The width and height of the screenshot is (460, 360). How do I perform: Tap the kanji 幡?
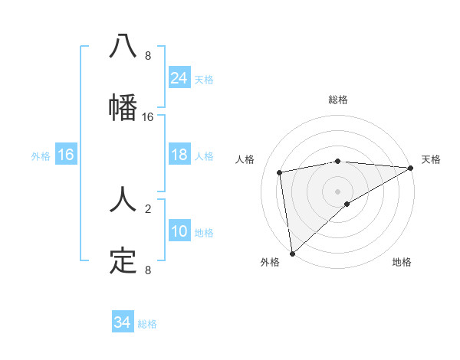[123, 106]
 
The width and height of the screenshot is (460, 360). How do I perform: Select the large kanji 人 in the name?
[123, 201]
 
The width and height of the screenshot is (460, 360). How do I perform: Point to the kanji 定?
[123, 261]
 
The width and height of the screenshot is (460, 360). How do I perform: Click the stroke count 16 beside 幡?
[148, 116]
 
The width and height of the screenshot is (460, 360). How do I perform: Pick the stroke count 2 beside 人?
[148, 208]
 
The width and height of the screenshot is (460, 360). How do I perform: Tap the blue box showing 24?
[179, 77]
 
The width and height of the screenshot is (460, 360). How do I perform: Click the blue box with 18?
[179, 155]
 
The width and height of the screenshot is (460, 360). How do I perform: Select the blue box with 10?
[179, 231]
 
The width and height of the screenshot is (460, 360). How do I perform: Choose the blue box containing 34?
[123, 322]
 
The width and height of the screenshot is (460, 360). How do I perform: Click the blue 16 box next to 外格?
[66, 155]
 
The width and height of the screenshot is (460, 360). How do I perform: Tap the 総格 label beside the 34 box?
[148, 324]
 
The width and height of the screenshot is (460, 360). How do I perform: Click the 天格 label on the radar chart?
[431, 159]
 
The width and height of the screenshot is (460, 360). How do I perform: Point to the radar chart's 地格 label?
[402, 262]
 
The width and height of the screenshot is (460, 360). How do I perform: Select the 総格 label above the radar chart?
[338, 100]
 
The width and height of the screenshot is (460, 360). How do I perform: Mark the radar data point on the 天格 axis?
[411, 168]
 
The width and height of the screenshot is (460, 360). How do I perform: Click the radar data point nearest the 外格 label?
[292, 254]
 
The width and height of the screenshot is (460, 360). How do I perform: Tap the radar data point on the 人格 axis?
[280, 172]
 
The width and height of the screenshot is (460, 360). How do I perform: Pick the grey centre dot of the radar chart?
[338, 191]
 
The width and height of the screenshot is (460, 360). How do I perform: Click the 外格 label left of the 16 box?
[41, 155]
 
